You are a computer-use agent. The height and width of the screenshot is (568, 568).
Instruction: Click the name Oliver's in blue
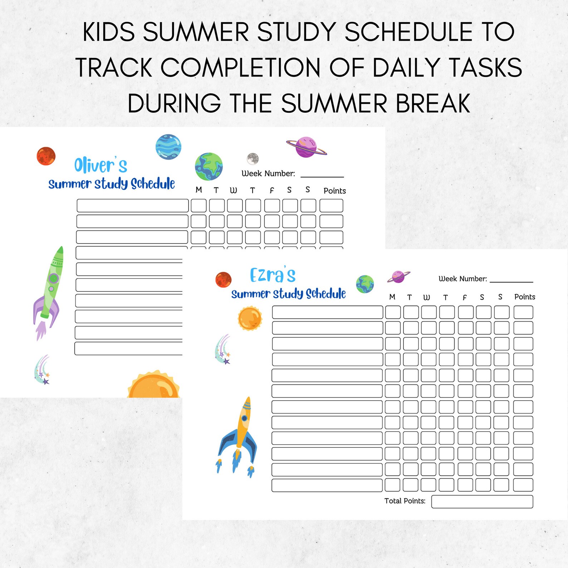101,165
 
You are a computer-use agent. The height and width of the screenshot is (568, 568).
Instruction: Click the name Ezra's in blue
273,275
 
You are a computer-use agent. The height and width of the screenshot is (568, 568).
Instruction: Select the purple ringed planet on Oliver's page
307,147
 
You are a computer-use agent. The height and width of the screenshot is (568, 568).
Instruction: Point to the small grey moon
253,158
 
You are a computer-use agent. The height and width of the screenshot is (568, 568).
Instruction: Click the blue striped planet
168,147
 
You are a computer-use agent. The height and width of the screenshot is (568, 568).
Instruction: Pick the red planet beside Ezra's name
224,280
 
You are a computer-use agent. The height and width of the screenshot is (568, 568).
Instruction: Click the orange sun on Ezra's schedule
250,318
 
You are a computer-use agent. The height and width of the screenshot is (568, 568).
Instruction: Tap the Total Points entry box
482,501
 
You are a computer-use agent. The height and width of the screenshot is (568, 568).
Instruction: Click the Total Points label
405,501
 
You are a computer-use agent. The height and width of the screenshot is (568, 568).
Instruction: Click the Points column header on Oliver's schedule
334,191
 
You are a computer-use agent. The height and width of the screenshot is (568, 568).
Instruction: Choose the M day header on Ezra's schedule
392,297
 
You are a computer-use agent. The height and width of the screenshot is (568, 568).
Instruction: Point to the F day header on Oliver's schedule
271,190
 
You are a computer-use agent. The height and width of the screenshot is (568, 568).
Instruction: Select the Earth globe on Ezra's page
365,284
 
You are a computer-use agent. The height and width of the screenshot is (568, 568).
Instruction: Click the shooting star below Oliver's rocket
42,370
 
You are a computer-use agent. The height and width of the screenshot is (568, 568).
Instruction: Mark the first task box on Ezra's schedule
327,312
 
